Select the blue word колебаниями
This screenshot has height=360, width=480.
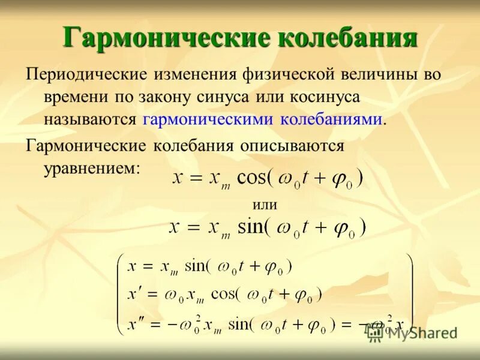tap(331, 119)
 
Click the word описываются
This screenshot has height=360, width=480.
tap(293, 146)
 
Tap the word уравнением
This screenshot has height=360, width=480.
tap(91, 167)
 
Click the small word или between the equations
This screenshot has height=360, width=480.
tap(265, 205)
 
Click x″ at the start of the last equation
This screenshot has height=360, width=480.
tap(135, 324)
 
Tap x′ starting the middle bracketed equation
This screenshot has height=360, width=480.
tap(134, 294)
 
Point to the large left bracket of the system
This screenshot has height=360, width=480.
tap(120, 294)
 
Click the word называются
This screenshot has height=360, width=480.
tap(90, 119)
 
